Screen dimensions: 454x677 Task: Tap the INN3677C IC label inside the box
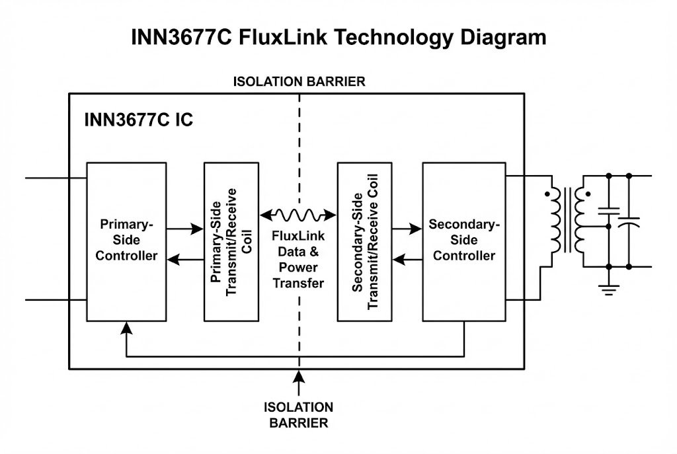point(138,121)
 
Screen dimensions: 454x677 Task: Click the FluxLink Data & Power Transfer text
point(298,259)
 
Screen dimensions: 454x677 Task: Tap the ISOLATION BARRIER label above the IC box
point(299,82)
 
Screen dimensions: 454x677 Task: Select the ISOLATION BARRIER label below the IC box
point(298,415)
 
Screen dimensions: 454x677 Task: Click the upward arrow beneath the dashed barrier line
point(299,379)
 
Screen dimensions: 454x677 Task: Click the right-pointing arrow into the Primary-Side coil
point(196,229)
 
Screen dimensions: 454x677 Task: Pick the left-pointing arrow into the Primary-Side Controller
point(173,260)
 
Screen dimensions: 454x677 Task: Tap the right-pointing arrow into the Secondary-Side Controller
point(416,229)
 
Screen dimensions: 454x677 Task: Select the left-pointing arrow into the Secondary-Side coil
point(397,260)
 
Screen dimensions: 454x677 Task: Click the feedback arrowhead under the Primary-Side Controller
point(126,327)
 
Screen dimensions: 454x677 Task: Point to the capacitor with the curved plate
point(628,221)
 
